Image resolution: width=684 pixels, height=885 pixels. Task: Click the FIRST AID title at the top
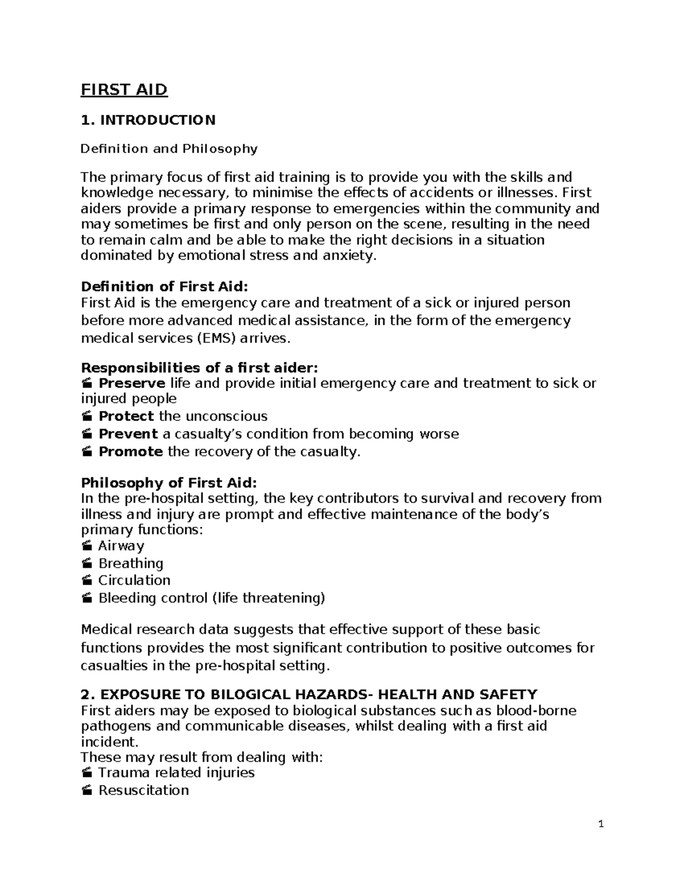point(124,90)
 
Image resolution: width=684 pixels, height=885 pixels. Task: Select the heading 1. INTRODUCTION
point(148,120)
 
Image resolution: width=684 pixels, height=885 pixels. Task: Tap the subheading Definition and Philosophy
point(169,149)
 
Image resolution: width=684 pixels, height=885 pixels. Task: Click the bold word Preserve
point(132,383)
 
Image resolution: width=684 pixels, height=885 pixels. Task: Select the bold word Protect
point(126,416)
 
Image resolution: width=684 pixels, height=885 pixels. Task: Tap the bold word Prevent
point(128,434)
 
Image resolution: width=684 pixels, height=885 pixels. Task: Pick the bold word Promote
point(131,452)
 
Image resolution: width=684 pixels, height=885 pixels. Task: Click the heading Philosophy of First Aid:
point(169,483)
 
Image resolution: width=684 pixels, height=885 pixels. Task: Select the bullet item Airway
point(121,545)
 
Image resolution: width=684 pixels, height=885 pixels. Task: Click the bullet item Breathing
point(131,564)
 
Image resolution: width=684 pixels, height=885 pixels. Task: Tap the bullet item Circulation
point(134,580)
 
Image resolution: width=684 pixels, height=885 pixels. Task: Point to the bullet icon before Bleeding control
point(87,598)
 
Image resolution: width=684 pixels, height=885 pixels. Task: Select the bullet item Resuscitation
point(143,790)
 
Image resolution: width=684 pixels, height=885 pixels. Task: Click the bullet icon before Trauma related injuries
point(87,773)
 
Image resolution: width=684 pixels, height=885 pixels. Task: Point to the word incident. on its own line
point(109,742)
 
